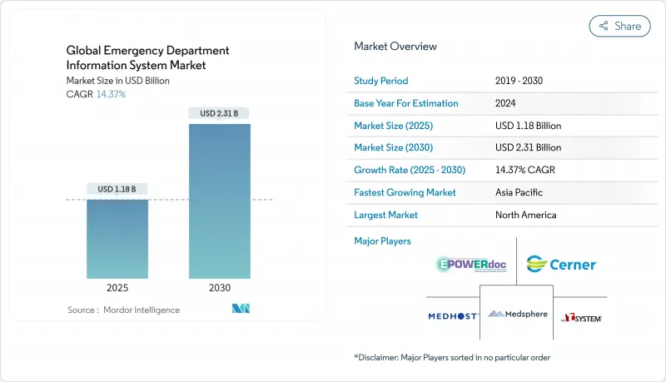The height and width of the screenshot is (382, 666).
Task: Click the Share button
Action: pyautogui.click(x=620, y=26)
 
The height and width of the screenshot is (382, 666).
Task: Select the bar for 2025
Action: pyautogui.click(x=117, y=239)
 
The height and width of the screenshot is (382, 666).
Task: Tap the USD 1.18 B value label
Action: pyautogui.click(x=117, y=189)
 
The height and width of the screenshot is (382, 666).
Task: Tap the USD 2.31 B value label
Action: pyautogui.click(x=219, y=113)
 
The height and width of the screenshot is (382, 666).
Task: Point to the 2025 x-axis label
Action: pyautogui.click(x=117, y=288)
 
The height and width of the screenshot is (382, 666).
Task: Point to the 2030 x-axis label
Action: pyautogui.click(x=219, y=288)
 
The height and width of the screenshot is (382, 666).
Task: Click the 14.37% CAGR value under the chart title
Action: pyautogui.click(x=110, y=94)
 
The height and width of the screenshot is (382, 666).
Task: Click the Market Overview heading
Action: pyautogui.click(x=395, y=47)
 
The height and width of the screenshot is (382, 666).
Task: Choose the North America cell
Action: pyautogui.click(x=526, y=215)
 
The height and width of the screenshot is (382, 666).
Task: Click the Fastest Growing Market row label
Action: pyautogui.click(x=406, y=192)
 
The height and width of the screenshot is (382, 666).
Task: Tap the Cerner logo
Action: pyautogui.click(x=561, y=265)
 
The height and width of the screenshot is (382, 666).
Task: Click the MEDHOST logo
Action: pyautogui.click(x=453, y=316)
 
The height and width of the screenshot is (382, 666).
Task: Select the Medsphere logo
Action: pyautogui.click(x=516, y=315)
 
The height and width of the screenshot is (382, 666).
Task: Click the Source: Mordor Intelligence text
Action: pyautogui.click(x=123, y=310)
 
